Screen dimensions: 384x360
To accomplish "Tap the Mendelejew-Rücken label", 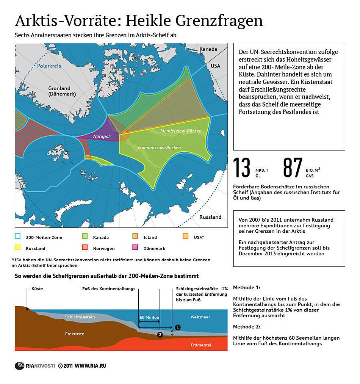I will (x=181, y=131).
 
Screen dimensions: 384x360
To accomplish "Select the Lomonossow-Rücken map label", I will (x=159, y=147).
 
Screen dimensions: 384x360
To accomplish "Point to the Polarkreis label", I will (x=49, y=66).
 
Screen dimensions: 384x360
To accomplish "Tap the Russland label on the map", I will (x=210, y=217).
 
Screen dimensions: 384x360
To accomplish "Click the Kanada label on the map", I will (x=208, y=49).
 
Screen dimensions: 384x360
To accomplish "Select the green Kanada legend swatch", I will (x=85, y=237).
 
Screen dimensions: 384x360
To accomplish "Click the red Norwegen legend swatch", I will (x=85, y=248).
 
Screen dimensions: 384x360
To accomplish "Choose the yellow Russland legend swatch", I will (x=18, y=248).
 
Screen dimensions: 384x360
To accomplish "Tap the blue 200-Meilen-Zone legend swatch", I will (x=18, y=237).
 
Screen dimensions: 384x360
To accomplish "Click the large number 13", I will (x=242, y=168).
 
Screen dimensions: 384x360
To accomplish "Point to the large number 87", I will (x=293, y=168).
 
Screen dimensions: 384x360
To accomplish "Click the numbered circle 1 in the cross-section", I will (x=178, y=327).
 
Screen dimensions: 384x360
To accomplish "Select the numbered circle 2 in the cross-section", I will (x=160, y=334).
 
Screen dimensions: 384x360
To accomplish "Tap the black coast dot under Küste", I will (x=27, y=309).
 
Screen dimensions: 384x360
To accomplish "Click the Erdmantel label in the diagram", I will (x=201, y=345).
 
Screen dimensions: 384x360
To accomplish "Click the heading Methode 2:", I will (x=247, y=327).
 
